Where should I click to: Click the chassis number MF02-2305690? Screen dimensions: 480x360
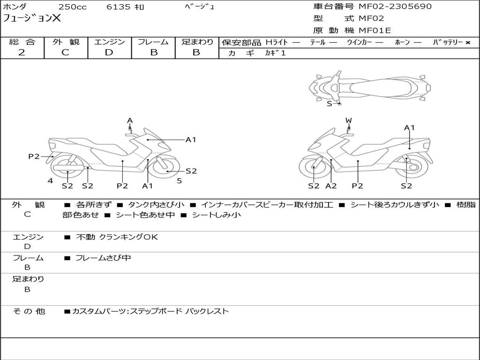(395, 7)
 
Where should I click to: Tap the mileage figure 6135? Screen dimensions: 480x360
(119, 7)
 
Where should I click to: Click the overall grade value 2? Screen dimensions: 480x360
(22, 52)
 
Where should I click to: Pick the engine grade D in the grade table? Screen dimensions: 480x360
(109, 52)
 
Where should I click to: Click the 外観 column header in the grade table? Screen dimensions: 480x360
(66, 42)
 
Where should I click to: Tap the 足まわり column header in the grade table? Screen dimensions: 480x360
(197, 42)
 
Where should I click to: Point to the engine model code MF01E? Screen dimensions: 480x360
(375, 31)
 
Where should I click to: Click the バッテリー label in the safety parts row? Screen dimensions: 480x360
(448, 42)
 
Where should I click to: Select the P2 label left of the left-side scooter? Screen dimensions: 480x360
(34, 157)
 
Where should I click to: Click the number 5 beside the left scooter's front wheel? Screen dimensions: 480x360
(179, 180)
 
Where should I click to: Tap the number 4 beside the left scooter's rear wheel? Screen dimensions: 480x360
(50, 180)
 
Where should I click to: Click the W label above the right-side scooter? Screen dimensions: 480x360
(348, 121)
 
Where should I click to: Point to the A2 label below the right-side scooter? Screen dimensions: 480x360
(331, 186)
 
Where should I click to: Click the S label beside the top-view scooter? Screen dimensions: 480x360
(330, 104)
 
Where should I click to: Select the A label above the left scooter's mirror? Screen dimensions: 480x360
(130, 121)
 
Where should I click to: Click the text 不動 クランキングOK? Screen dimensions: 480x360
(117, 237)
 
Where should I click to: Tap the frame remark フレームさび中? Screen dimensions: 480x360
(103, 258)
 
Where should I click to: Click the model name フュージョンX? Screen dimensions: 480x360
(32, 19)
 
